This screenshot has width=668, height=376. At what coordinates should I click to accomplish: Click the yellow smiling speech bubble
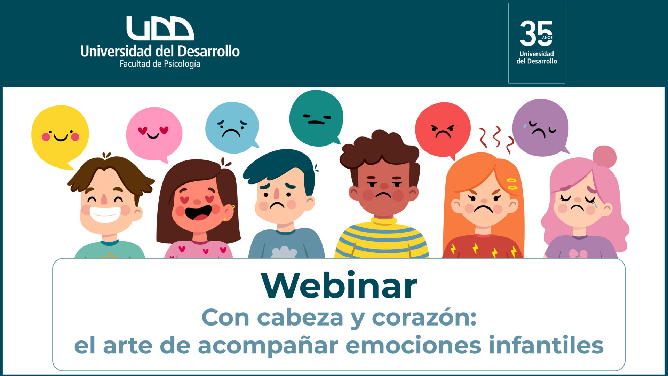coord(60,134)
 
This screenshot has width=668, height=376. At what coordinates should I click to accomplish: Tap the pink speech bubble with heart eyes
coord(154,134)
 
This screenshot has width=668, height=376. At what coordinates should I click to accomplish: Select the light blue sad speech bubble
coord(232,127)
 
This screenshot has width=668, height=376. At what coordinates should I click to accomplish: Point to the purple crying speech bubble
coord(540,127)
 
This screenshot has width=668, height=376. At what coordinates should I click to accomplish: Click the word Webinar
coord(339,285)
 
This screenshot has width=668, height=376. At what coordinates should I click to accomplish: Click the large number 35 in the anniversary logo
coord(536,33)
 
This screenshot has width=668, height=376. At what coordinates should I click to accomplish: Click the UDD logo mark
coord(160,28)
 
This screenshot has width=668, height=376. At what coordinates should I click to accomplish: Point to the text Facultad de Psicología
coord(160,64)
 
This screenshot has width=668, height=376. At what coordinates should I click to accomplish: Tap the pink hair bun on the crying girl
coord(604,157)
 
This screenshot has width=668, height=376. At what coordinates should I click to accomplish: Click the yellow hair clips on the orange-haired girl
coord(512,184)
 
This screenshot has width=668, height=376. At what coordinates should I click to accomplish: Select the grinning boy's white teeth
coord(105,214)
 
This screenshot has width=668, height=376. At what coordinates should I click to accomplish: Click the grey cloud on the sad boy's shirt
coord(284,252)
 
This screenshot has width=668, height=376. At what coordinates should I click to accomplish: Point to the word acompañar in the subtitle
coord(268,345)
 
